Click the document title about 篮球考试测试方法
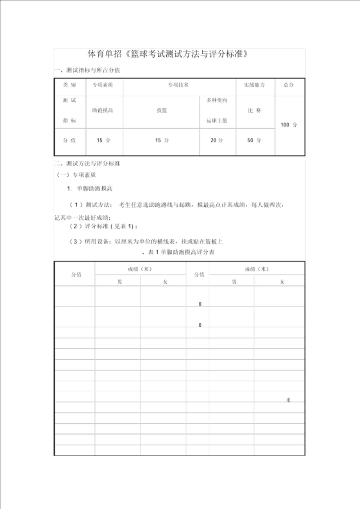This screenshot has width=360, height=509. (168, 54)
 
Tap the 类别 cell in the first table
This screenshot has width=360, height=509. (70, 85)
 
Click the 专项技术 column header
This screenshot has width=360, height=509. (178, 85)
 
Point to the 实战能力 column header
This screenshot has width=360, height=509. (254, 85)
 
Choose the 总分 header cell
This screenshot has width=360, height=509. (288, 85)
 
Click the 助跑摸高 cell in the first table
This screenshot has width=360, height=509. (103, 110)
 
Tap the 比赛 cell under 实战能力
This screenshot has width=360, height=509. (254, 110)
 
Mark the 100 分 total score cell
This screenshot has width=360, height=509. (288, 124)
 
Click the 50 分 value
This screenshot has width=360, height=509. (254, 140)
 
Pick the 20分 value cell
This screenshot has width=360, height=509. (217, 140)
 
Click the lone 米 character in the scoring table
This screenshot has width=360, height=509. (288, 400)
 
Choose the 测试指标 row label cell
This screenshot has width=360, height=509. (70, 110)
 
